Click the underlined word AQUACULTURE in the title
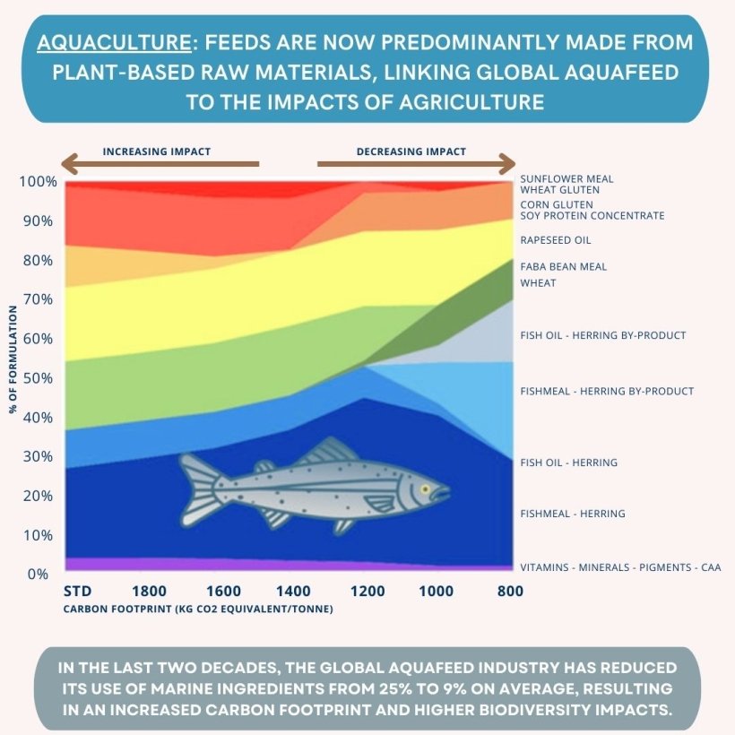pyautogui.click(x=96, y=43)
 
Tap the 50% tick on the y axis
pyautogui.click(x=39, y=377)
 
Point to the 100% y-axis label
pyautogui.click(x=37, y=181)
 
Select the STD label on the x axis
pyautogui.click(x=78, y=591)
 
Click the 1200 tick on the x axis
pyautogui.click(x=367, y=591)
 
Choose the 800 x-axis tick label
pyautogui.click(x=510, y=591)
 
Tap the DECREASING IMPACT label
pyautogui.click(x=411, y=151)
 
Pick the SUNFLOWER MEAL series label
pyautogui.click(x=566, y=178)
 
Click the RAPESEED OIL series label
pyautogui.click(x=556, y=240)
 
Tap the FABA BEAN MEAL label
pyautogui.click(x=563, y=266)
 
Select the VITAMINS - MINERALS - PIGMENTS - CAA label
pyautogui.click(x=620, y=567)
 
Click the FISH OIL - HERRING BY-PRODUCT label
pyautogui.click(x=602, y=335)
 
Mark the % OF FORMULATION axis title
pyautogui.click(x=13, y=359)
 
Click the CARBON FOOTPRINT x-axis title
pyautogui.click(x=198, y=610)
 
